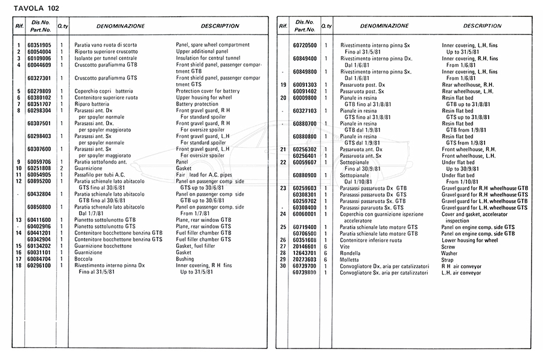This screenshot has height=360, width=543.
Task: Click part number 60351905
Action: pyautogui.click(x=39, y=45)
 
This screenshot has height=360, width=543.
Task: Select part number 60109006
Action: pyautogui.click(x=39, y=58)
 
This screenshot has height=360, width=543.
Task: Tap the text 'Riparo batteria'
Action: pyautogui.click(x=92, y=104)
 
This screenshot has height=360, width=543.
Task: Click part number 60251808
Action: pyautogui.click(x=39, y=168)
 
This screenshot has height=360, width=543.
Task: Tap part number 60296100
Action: pyautogui.click(x=39, y=265)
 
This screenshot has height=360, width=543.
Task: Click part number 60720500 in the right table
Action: pyautogui.click(x=305, y=45)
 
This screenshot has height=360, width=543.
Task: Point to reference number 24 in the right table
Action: pyautogui.click(x=282, y=213)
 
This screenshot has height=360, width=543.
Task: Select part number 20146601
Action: pyautogui.click(x=305, y=246)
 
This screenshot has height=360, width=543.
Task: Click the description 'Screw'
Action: pyautogui.click(x=449, y=246)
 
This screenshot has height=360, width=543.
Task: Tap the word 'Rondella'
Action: pyautogui.click(x=352, y=253)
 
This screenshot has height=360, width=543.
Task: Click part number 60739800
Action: pyautogui.click(x=305, y=272)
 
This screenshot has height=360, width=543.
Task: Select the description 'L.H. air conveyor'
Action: pyautogui.click(x=462, y=272)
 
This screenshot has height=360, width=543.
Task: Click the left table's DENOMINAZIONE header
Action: pyautogui.click(x=120, y=27)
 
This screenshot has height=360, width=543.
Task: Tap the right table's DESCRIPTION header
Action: pyautogui.click(x=482, y=27)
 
